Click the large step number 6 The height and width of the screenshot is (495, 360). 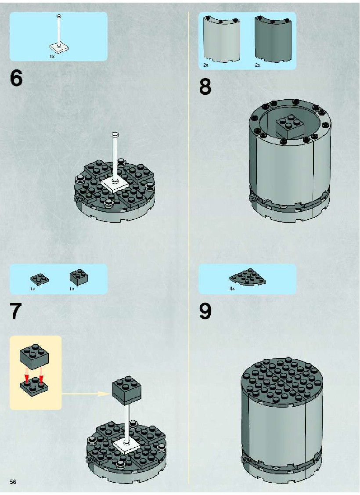[x=16, y=78]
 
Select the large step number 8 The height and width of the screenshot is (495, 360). [x=205, y=87]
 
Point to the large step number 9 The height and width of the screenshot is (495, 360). [x=205, y=311]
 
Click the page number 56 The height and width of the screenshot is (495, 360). [x=13, y=482]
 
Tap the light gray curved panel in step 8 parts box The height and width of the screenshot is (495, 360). [x=221, y=39]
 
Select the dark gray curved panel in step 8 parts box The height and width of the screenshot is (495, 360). [x=273, y=39]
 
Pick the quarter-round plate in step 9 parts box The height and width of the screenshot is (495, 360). [x=248, y=277]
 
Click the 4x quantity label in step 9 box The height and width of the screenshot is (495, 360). [x=232, y=289]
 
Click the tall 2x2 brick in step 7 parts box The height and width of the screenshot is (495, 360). [x=79, y=277]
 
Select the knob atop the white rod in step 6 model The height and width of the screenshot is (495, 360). [x=116, y=134]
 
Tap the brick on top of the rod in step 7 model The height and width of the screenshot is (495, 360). [x=126, y=390]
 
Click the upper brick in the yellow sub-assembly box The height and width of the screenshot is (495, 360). [x=34, y=357]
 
